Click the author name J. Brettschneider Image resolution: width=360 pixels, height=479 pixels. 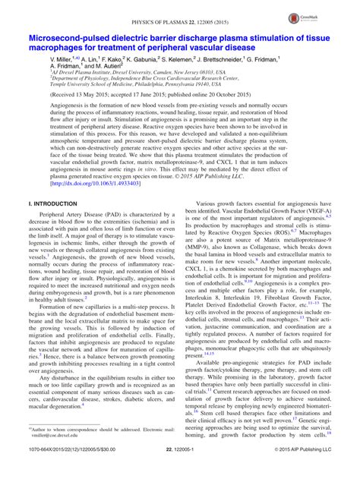(x=230, y=58)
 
